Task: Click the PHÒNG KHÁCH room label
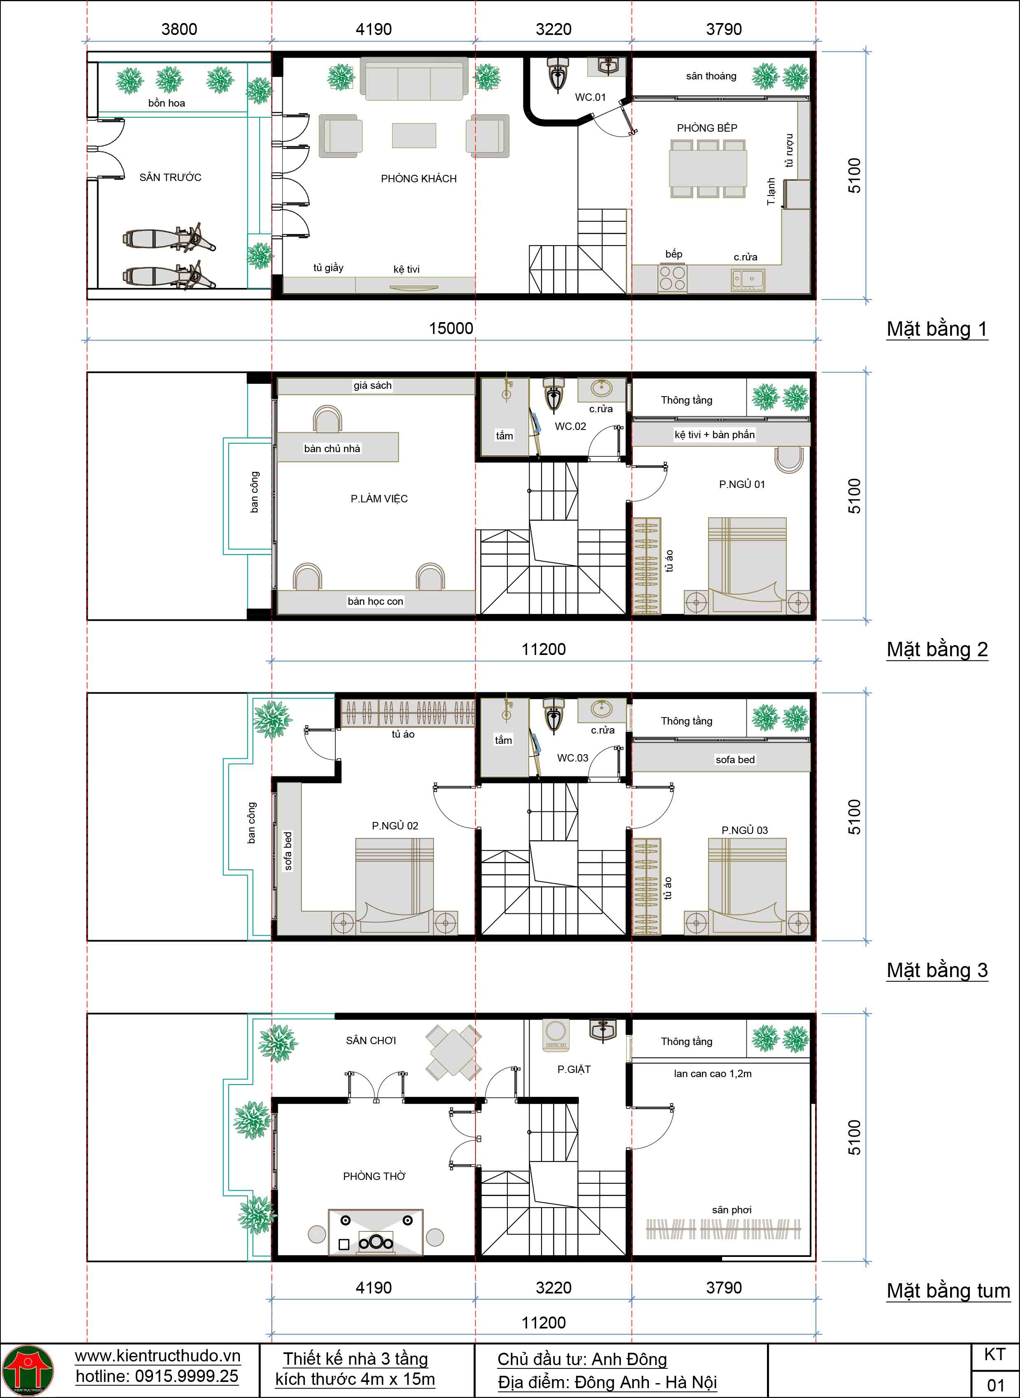click(418, 179)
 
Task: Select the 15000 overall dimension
click(451, 328)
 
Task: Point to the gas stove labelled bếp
click(672, 278)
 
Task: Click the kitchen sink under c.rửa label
click(748, 280)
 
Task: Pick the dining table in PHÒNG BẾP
click(708, 168)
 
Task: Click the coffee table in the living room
click(414, 135)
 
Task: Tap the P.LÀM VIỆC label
click(379, 499)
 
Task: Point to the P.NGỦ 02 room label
click(395, 826)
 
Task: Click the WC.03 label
click(572, 758)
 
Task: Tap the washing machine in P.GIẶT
click(556, 1035)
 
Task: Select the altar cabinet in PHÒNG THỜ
click(375, 1232)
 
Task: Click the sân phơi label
click(732, 1210)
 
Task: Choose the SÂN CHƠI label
click(370, 1040)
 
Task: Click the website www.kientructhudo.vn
click(158, 1356)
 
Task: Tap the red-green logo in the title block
click(28, 1370)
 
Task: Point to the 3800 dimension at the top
click(179, 29)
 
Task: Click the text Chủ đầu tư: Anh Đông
click(582, 1359)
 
